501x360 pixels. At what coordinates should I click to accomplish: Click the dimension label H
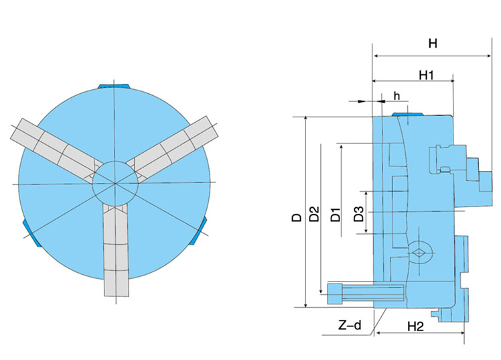pyautogui.click(x=432, y=44)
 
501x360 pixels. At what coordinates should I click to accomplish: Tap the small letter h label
pyautogui.click(x=397, y=96)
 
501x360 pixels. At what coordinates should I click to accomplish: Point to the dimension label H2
pyautogui.click(x=416, y=326)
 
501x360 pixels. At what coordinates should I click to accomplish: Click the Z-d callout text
pyautogui.click(x=350, y=326)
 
